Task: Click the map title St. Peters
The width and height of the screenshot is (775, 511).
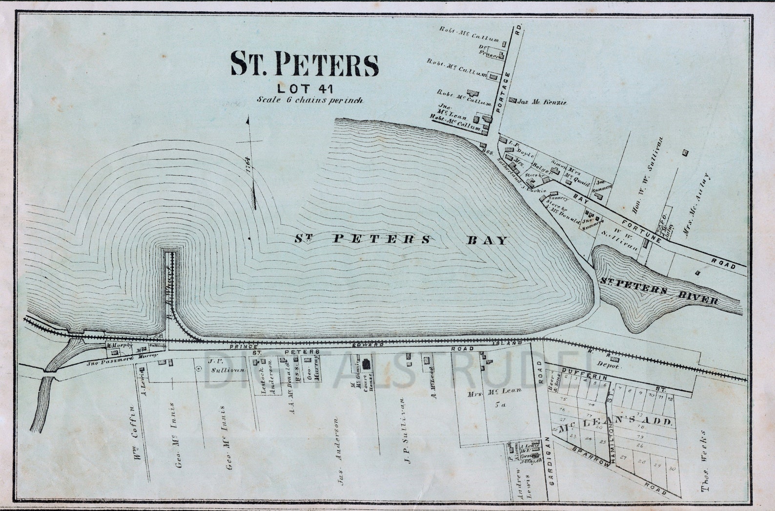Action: click(305, 64)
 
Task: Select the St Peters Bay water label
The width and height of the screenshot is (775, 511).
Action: click(402, 239)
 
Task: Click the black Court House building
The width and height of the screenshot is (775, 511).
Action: click(367, 364)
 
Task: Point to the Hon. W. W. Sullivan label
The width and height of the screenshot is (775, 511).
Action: click(653, 177)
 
